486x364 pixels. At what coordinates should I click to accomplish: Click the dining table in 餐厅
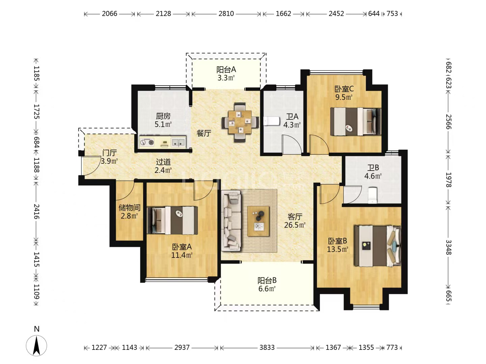coord(240,122)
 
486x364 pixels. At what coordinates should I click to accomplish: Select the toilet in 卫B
coord(372,195)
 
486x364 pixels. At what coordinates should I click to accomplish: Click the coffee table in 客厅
coord(258,221)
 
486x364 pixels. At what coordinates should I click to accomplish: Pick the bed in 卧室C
coord(356,121)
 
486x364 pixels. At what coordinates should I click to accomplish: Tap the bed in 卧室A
coord(172,220)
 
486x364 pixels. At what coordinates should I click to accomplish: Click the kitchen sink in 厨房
coord(178,142)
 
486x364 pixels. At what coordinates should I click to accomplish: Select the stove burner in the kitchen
coord(146,142)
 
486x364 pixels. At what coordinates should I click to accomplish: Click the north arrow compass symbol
coord(36,345)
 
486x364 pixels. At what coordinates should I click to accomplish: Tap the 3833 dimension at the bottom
coord(267,347)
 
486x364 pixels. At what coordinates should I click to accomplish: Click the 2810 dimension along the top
coord(226,14)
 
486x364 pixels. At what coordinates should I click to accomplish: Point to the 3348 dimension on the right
coord(448,247)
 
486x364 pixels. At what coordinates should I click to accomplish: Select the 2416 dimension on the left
coord(37,212)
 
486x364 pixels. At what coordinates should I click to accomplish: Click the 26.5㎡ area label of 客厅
coord(295,225)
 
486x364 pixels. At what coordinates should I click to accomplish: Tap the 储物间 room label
coord(130,208)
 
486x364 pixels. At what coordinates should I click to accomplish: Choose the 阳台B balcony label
coord(267,280)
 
